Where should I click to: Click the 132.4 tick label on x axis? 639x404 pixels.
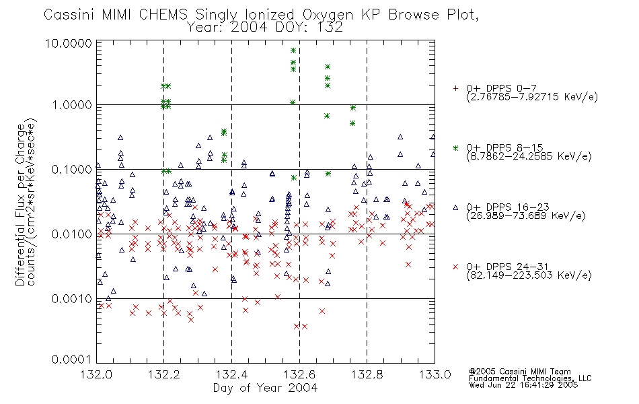pos(231,374)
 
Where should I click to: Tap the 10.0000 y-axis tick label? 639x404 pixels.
pos(69,43)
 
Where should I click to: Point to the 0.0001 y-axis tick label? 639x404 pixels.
pos(72,359)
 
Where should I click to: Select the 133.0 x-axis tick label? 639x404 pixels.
pos(435,374)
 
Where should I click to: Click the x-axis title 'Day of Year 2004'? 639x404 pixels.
pos(265,388)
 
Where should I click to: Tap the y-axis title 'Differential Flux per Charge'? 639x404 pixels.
pos(20,205)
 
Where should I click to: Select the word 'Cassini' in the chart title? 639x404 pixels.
pos(69,15)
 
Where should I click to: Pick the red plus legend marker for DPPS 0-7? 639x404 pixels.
pos(455,88)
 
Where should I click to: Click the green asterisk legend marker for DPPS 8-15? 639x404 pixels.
pos(455,147)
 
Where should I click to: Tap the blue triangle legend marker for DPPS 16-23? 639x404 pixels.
pos(455,207)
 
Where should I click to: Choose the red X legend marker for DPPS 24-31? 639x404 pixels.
pos(455,267)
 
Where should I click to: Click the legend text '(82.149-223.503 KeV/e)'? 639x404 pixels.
pos(529,275)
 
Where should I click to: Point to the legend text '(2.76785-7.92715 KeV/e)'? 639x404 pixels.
pos(532,97)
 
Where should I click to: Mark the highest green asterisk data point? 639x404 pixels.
pos(293,50)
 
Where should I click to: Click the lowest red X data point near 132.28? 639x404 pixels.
pos(191,320)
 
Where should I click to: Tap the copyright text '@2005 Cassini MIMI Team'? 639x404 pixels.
pos(519,372)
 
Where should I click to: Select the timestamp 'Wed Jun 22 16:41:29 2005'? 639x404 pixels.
pos(523,384)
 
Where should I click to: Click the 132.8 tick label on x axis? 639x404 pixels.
pos(367,374)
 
